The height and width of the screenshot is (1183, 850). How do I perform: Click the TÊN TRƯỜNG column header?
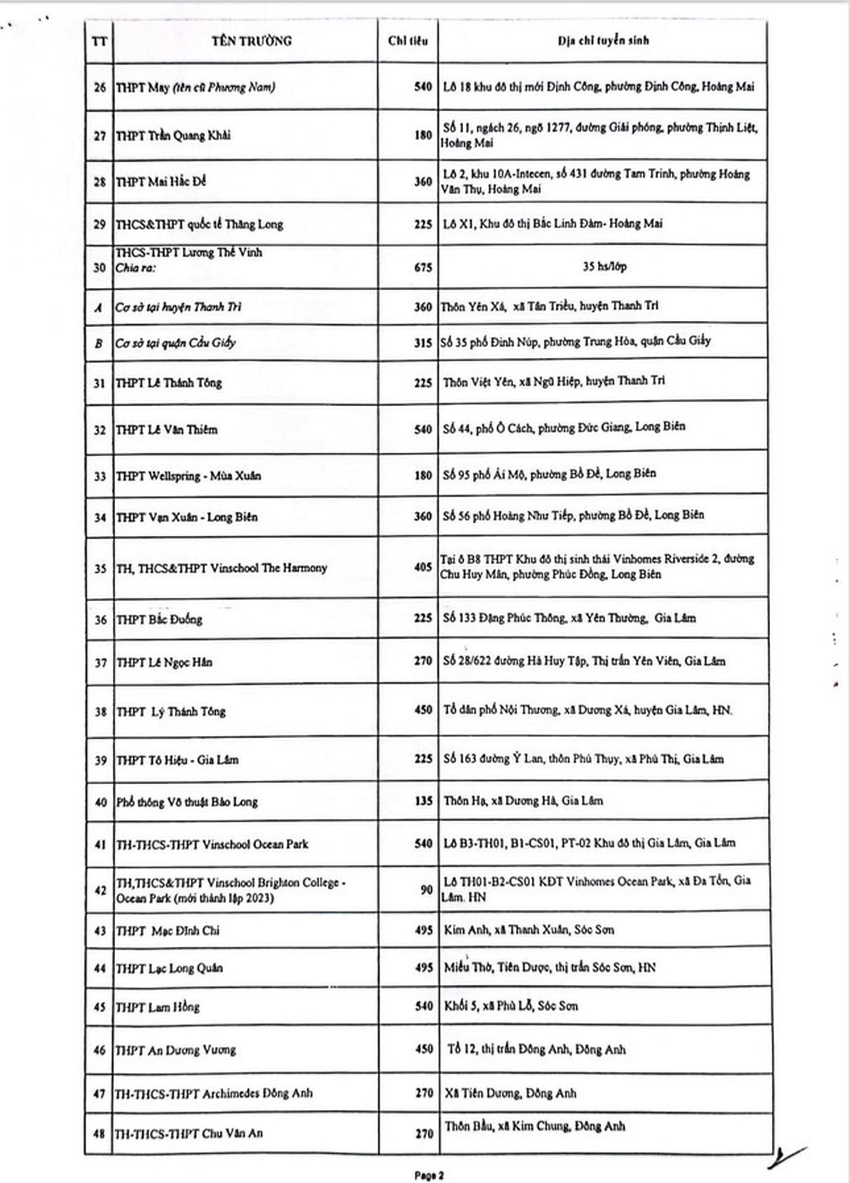252,41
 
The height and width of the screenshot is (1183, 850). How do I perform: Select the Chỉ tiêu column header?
407,41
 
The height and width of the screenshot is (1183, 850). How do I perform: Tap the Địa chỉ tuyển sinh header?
603,40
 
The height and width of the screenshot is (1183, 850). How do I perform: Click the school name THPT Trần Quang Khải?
173,135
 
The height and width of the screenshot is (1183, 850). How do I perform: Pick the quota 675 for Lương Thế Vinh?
423,267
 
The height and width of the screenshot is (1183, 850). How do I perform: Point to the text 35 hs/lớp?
604,266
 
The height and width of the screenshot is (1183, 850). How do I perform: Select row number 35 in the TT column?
100,569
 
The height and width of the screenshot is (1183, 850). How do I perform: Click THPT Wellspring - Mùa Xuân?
189,476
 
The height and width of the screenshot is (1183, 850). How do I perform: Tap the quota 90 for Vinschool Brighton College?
427,889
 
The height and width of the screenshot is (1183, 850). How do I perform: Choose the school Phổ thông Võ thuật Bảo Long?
187,802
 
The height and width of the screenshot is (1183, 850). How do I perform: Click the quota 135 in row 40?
423,801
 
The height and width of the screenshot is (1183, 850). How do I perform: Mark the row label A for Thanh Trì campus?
98,307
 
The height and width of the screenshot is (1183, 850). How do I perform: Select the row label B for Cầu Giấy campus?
98,344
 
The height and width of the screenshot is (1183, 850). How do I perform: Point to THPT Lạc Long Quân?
169,968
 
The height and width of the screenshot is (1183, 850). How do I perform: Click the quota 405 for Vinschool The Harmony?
423,567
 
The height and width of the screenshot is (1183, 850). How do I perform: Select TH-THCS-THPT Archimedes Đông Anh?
214,1093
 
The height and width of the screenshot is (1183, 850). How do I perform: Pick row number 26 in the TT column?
100,88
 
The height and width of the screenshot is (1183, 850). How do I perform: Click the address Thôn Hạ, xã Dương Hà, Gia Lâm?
523,801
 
